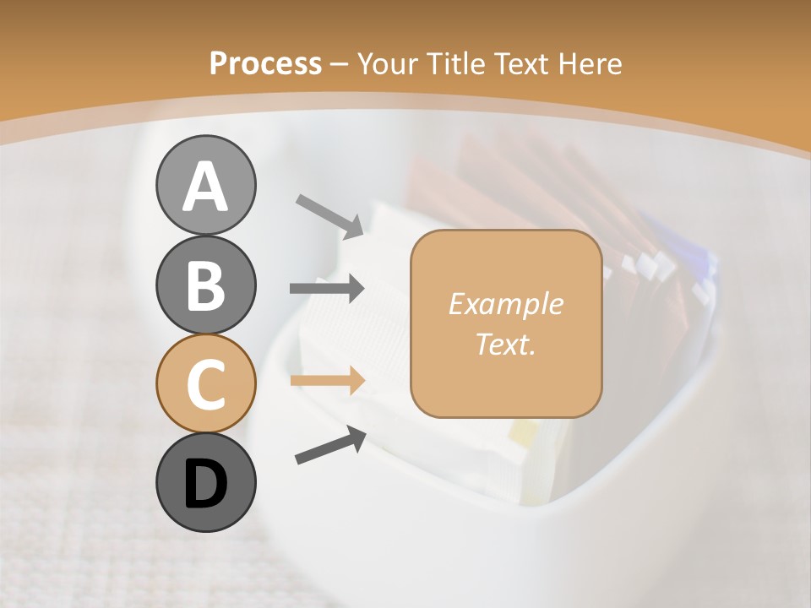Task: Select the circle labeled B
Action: (x=205, y=285)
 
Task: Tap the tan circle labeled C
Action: (x=205, y=384)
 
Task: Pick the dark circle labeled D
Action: (x=205, y=482)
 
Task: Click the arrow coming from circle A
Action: (x=329, y=215)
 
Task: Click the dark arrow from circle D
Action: (x=329, y=445)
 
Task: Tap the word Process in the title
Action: (x=265, y=63)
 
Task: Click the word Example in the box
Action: (x=505, y=304)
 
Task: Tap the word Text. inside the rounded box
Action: (x=505, y=344)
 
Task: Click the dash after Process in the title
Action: (x=340, y=64)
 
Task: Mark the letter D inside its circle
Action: (x=205, y=486)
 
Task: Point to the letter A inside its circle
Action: (x=205, y=187)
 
